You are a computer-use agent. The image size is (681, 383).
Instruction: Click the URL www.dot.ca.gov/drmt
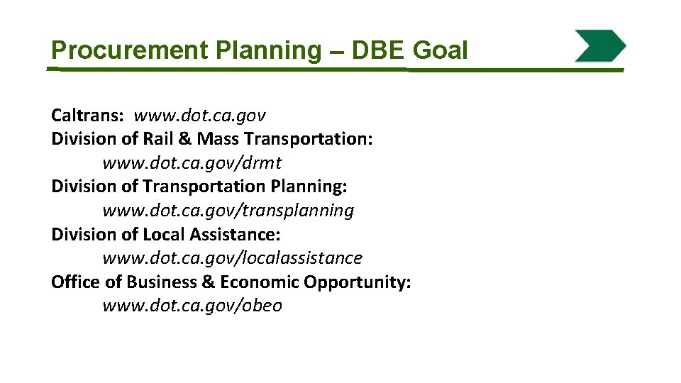[x=192, y=163]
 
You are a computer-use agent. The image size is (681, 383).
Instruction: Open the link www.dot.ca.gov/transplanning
[x=228, y=211]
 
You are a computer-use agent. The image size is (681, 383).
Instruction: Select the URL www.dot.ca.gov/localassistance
[x=232, y=258]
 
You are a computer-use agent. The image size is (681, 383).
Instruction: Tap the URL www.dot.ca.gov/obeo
[x=192, y=306]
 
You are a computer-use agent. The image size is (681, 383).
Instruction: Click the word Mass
[x=220, y=139]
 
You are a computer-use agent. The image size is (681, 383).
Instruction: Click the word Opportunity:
[x=358, y=282]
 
